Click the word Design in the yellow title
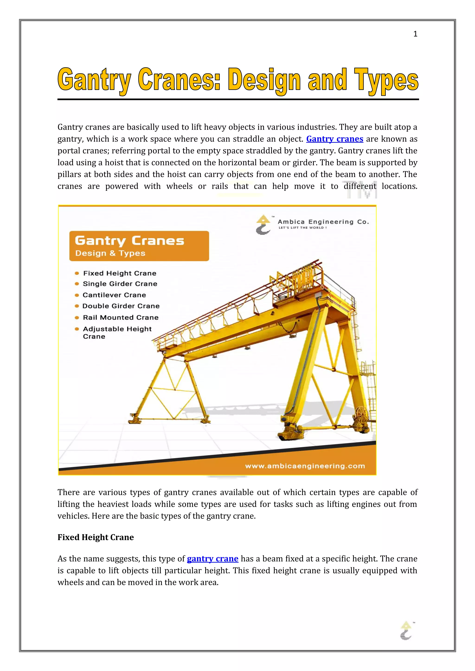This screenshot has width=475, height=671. coord(264,80)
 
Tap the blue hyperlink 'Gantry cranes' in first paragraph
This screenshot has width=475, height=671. coord(335,139)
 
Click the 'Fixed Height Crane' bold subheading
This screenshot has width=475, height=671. coord(96,537)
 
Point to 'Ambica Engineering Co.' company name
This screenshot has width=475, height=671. coord(323,222)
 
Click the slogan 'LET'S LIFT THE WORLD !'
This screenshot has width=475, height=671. coord(302,228)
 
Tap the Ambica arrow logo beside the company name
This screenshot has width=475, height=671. coord(263,225)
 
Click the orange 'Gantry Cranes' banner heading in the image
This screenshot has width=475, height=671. coord(129,241)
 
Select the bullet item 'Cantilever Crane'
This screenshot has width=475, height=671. coord(114,295)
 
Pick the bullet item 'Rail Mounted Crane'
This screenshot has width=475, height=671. coord(121,317)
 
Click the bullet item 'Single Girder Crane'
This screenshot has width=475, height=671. coord(120,284)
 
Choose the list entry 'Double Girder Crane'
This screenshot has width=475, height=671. coord(121,306)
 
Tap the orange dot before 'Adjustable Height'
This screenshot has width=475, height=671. coord(77,329)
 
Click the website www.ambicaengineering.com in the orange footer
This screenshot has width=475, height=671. coord(305,466)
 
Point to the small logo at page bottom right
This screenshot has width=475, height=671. coord(406,631)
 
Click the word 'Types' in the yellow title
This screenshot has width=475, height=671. coord(386,80)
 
